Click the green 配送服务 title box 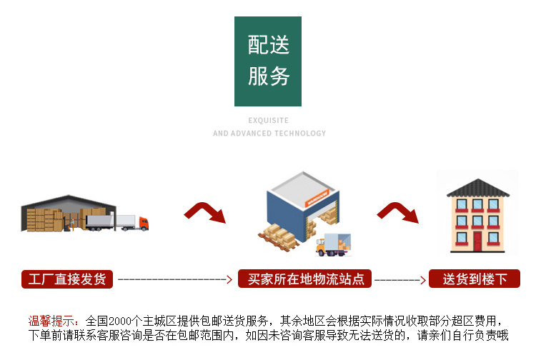point(268,61)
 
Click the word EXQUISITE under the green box point(268,121)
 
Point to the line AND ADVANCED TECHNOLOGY point(269,134)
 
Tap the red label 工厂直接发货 point(67,279)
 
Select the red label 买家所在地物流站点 point(305,279)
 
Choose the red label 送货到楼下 point(475,279)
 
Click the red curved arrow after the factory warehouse point(204,213)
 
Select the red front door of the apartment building point(477,241)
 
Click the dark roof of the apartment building point(477,188)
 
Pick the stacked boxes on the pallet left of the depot point(278,234)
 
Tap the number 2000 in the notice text point(122,321)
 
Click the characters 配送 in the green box point(268,46)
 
